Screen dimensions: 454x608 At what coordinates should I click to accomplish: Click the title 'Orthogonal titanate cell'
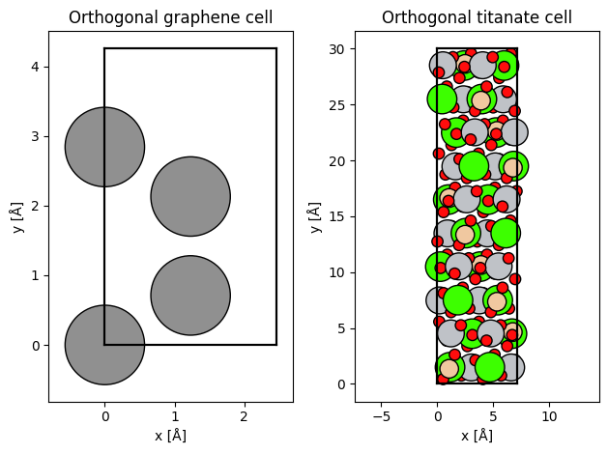click(477, 17)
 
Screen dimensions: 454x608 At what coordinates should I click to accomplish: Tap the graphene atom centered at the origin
click(104, 345)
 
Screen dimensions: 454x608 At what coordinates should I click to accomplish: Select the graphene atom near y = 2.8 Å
click(104, 147)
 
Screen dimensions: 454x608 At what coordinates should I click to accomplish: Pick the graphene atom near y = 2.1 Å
click(190, 196)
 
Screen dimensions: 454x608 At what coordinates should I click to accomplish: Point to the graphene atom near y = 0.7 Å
click(190, 296)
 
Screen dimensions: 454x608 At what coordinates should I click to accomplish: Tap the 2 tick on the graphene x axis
click(244, 416)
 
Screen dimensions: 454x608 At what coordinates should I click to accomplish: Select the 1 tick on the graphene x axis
click(174, 416)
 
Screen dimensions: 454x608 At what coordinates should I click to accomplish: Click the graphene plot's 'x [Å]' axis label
click(170, 436)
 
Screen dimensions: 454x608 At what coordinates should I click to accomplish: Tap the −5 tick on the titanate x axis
click(381, 416)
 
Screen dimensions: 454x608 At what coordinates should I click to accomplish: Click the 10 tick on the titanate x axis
click(549, 416)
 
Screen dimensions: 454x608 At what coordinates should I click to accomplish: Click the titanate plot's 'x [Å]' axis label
click(477, 436)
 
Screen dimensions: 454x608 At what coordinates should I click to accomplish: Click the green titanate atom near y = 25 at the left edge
click(442, 99)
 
